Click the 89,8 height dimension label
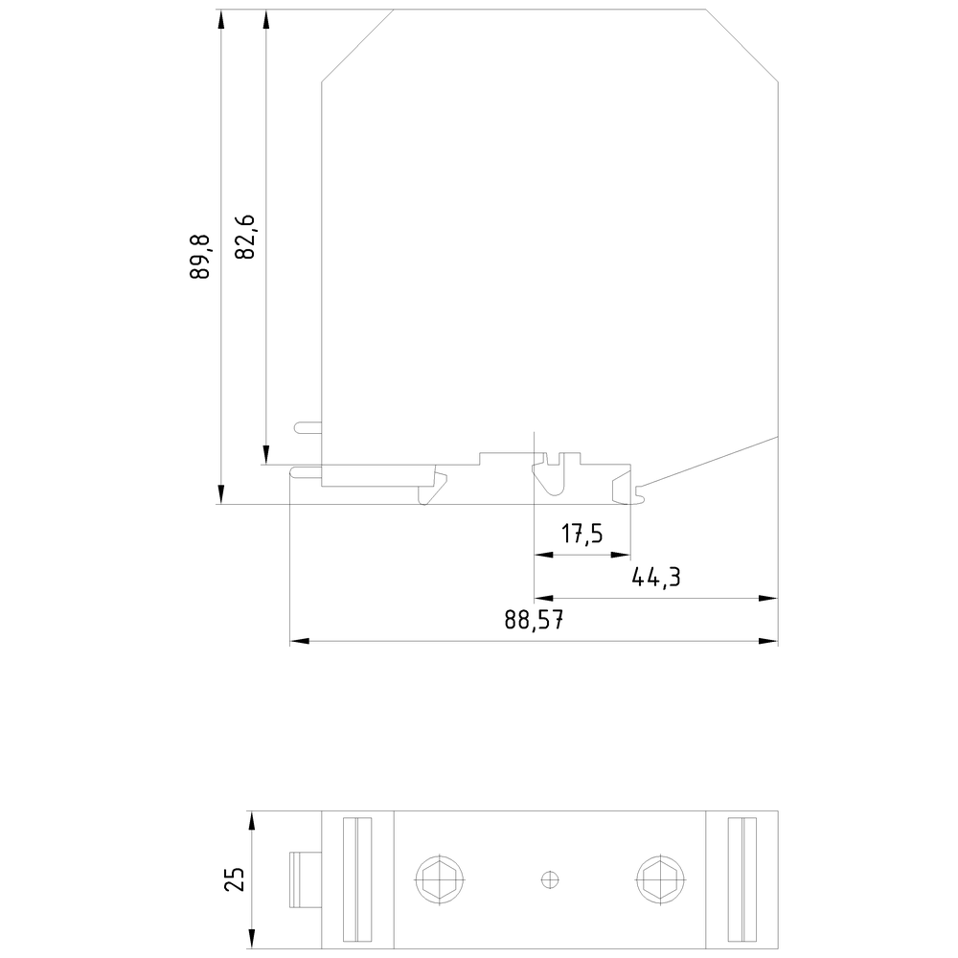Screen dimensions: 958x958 point(200,257)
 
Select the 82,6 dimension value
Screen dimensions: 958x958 point(245,237)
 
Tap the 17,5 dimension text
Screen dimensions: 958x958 point(582,534)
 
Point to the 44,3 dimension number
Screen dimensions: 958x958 point(655,577)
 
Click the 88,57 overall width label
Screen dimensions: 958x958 point(534,620)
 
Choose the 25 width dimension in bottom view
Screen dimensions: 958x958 point(236,879)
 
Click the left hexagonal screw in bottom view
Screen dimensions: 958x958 point(440,879)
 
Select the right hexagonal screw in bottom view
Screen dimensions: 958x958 point(660,879)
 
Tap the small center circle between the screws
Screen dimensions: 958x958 point(550,879)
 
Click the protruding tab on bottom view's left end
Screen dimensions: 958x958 point(306,879)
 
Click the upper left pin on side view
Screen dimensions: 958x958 point(308,427)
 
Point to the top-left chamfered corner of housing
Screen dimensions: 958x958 point(357,45)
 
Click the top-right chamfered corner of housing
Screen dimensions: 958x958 point(741,45)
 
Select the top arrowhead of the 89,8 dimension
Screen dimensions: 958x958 point(221,19)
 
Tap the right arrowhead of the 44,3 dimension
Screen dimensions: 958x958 point(768,598)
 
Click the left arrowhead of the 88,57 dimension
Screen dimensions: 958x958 point(299,641)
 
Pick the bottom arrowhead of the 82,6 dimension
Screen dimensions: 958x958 point(265,455)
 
